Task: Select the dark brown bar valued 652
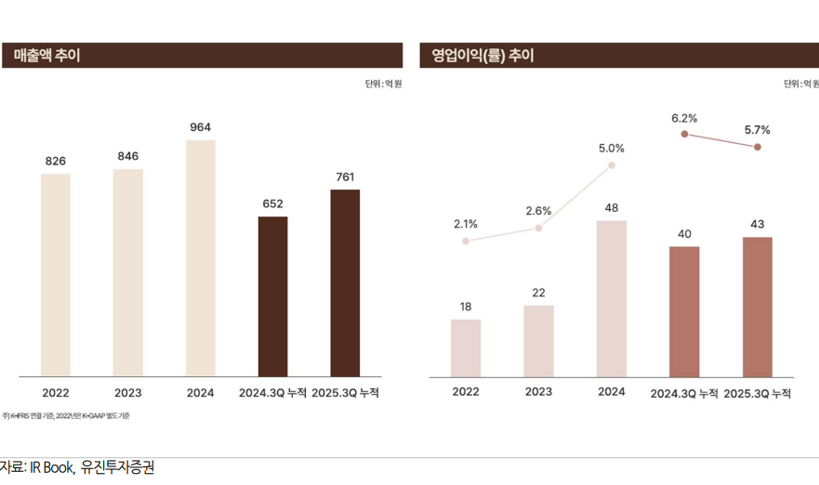click(272, 296)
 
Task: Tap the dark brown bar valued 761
click(345, 283)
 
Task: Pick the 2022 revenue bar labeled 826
click(56, 275)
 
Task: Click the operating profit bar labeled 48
click(612, 298)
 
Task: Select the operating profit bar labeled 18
click(466, 348)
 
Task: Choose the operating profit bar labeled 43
click(758, 307)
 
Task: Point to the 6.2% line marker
click(684, 135)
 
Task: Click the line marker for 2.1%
click(466, 241)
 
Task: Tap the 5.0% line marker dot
click(612, 165)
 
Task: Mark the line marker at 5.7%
click(758, 147)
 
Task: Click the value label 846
click(128, 156)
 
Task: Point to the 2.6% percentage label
click(538, 211)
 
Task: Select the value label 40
click(684, 233)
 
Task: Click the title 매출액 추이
click(47, 56)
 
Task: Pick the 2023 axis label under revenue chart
click(128, 393)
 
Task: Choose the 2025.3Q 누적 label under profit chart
click(758, 393)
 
